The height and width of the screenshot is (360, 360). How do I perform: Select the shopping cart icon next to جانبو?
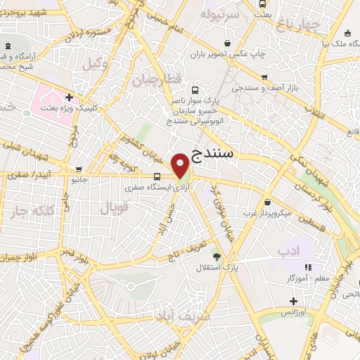click(79, 169)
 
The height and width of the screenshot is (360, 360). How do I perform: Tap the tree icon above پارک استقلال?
click(217, 256)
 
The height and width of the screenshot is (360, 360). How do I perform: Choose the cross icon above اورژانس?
click(291, 300)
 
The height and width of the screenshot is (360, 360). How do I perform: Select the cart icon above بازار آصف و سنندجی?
click(264, 78)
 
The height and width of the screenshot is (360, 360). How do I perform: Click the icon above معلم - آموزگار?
click(307, 267)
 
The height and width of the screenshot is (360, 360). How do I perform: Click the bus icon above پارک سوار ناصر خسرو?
click(194, 91)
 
